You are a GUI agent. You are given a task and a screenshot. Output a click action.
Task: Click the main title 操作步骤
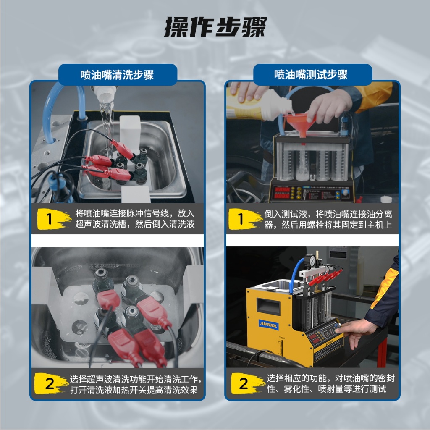coord(215,27)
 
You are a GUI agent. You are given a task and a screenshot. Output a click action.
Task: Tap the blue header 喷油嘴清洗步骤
coord(118,75)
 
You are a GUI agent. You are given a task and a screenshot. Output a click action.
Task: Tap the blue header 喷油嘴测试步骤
coord(311,75)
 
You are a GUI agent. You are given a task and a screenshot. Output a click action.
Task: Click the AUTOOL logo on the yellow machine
coord(268,325)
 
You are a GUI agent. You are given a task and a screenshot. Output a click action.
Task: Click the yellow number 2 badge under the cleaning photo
coord(51,383)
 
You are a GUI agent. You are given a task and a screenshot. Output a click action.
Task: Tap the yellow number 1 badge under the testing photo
coord(245,219)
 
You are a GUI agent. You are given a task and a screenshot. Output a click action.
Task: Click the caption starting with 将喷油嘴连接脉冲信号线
coord(135,219)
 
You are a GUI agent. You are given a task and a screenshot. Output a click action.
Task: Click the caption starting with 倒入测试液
coord(328,219)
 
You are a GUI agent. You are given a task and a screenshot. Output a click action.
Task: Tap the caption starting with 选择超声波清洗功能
coord(136,384)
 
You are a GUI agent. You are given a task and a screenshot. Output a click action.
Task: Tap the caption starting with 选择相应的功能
coord(330,383)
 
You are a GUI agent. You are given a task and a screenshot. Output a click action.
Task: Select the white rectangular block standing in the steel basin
coord(130,131)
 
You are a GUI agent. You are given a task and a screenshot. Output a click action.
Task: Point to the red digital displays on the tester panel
coord(282,192)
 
